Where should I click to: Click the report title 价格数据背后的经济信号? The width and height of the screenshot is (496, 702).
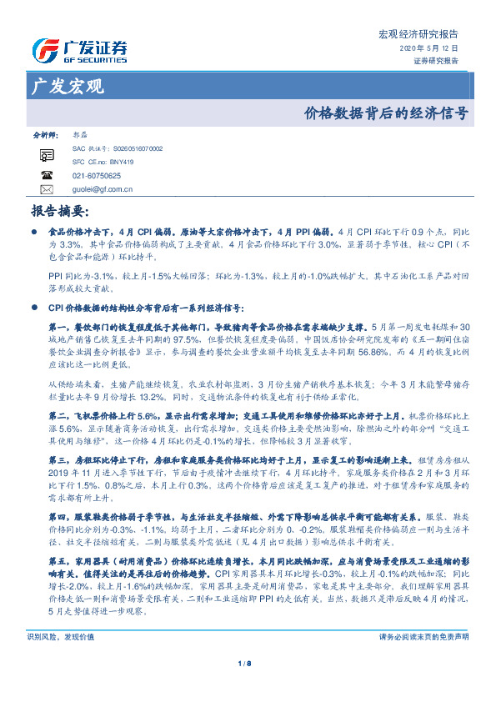tap(385, 113)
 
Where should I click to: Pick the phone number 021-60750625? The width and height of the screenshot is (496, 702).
tap(97, 176)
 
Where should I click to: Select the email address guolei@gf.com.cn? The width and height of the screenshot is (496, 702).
tap(103, 189)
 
